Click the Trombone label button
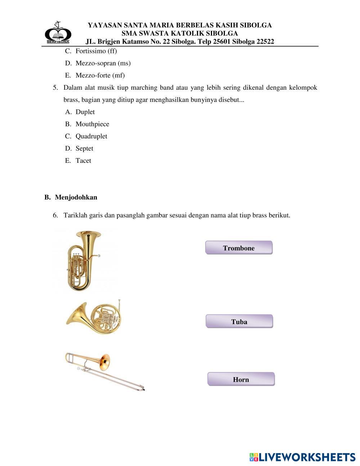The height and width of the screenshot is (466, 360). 239,248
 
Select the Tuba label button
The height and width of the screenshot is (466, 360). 239,322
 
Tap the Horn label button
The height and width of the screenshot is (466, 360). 241,379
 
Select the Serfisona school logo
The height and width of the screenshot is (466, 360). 58,33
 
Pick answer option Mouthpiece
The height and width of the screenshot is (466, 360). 92,124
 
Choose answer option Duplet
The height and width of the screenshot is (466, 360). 85,112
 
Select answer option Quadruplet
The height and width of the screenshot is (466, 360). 91,136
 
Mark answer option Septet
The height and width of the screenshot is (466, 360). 84,148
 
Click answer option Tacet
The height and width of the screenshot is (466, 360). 83,161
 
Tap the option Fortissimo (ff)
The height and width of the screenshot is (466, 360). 96,51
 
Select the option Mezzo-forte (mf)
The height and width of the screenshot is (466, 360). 100,76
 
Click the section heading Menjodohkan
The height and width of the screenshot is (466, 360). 76,197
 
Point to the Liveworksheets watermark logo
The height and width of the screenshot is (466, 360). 302,457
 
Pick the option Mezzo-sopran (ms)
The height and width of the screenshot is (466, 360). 103,63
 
